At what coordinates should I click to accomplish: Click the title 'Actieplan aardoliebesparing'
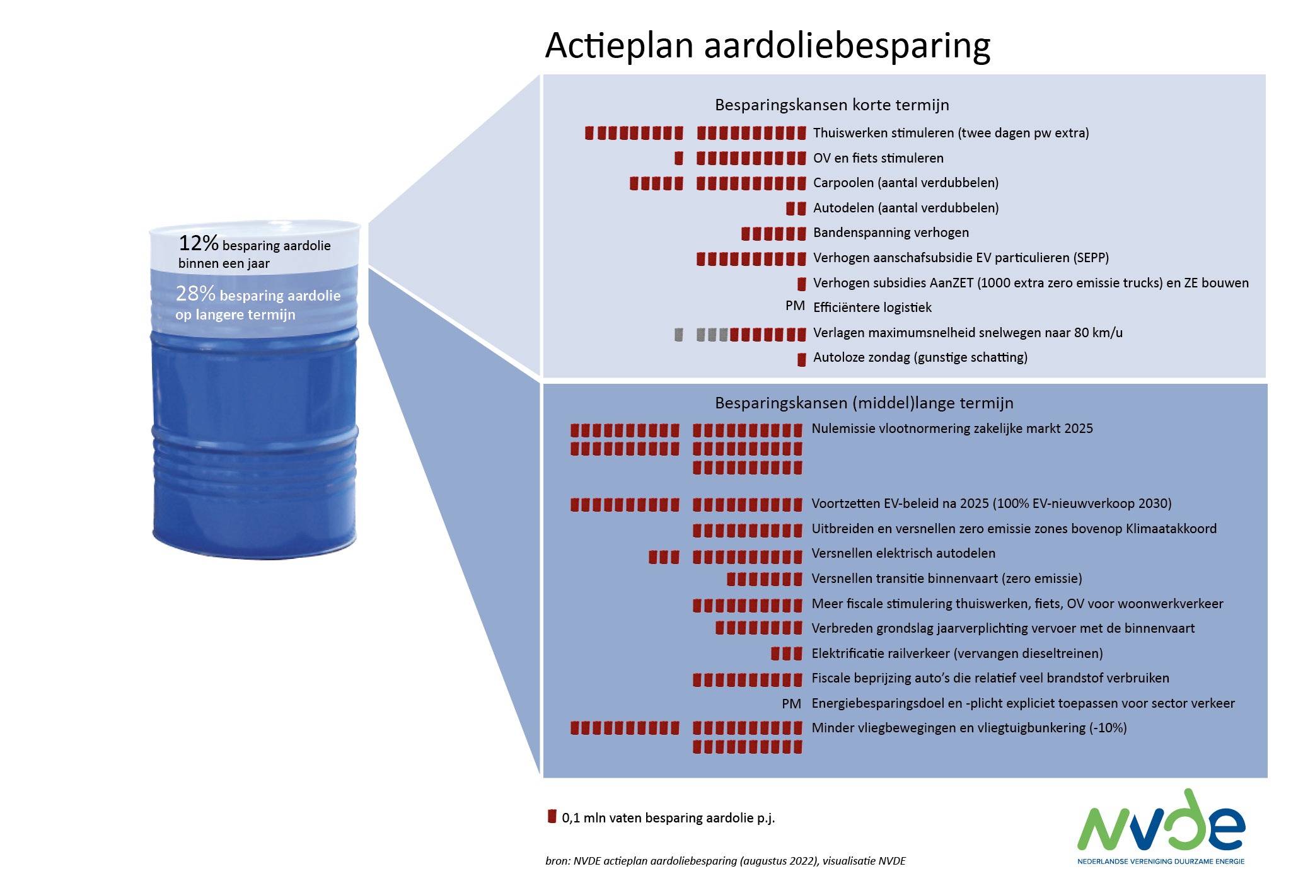[767, 46]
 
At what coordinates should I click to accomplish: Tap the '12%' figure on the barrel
[199, 243]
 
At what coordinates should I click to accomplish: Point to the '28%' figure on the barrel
[195, 293]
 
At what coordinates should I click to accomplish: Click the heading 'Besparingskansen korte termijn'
[831, 105]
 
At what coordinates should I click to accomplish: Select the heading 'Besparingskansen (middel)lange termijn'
[864, 403]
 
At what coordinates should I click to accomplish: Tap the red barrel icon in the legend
[552, 816]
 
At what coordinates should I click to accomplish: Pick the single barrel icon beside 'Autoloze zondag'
[802, 359]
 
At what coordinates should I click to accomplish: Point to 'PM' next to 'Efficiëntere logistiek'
[795, 306]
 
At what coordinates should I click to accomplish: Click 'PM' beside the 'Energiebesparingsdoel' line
[791, 704]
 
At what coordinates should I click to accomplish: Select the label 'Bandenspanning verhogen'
[891, 233]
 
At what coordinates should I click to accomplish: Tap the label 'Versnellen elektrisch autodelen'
[903, 553]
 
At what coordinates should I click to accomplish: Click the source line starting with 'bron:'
[725, 861]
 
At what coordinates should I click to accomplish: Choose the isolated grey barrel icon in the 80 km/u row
[679, 334]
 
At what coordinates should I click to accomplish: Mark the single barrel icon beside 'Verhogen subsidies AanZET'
[802, 284]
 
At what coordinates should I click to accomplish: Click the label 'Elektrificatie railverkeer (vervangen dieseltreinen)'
[957, 654]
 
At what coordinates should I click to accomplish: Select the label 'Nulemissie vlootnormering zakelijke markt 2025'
[952, 429]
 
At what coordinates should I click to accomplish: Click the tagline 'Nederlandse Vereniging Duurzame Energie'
[1161, 861]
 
